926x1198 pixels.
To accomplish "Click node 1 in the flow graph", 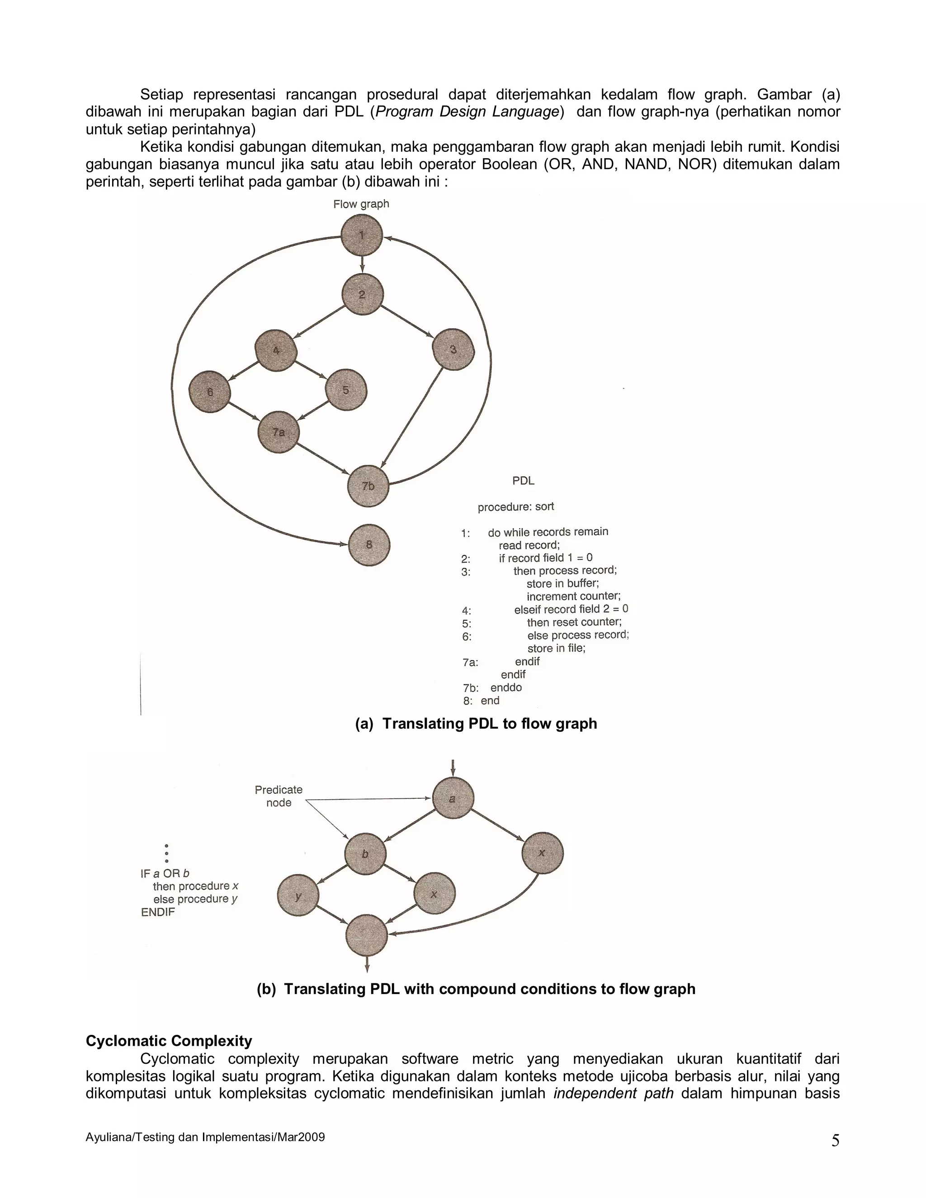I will [362, 236].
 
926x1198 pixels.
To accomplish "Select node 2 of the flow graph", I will [363, 295].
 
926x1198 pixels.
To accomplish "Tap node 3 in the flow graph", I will [453, 349].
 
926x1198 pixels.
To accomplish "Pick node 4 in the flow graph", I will [276, 350].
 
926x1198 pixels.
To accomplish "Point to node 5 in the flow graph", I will [345, 390].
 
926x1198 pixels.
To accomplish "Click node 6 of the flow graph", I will [209, 391].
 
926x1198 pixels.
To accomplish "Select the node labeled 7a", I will [279, 432].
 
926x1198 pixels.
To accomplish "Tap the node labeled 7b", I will [368, 486].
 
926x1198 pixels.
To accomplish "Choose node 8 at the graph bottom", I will [369, 545].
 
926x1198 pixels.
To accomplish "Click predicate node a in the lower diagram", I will [453, 798].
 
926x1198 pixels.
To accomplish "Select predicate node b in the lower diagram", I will [365, 854].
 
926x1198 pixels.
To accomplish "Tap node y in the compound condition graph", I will [298, 896].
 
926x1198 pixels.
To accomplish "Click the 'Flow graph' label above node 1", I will [361, 204].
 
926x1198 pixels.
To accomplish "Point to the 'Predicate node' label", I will [279, 796].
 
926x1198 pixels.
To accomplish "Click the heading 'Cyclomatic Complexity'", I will [169, 1041].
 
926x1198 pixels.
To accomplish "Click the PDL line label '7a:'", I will [470, 663].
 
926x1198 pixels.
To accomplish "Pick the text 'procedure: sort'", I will [515, 507].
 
